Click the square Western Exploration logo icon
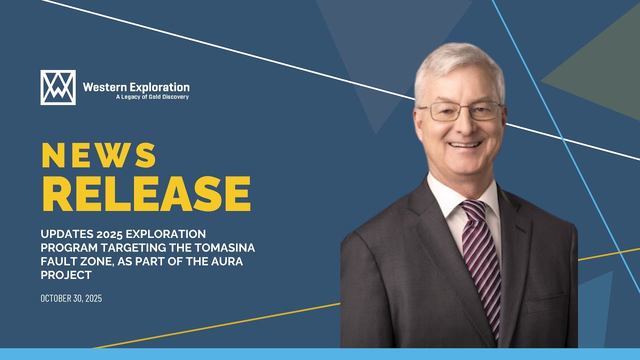[x=58, y=87]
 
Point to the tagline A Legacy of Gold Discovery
[x=152, y=97]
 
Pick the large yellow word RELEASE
[x=145, y=194]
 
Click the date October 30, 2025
[x=71, y=298]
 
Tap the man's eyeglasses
[x=459, y=111]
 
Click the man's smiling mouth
[x=465, y=145]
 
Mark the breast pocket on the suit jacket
[x=545, y=302]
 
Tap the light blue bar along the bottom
[x=320, y=354]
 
